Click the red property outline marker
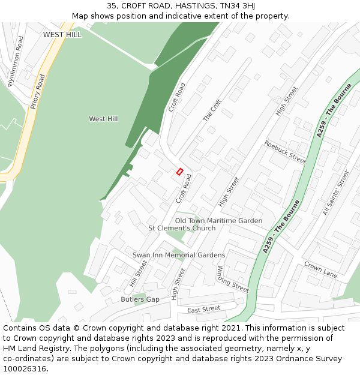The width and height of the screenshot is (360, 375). (179, 172)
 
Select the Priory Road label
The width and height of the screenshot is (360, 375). (37, 91)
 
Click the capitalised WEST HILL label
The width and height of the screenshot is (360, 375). (62, 35)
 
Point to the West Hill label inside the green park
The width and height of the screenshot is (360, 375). (103, 119)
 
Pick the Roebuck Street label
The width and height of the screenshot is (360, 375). (285, 152)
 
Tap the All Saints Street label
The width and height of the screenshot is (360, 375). (335, 193)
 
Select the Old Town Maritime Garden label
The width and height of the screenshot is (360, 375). (218, 221)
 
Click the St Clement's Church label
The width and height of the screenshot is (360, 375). (182, 229)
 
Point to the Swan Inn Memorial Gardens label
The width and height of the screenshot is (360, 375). (179, 255)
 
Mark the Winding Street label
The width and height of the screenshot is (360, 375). (233, 278)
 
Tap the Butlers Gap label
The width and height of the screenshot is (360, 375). (140, 299)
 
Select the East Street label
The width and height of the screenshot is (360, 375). (204, 310)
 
